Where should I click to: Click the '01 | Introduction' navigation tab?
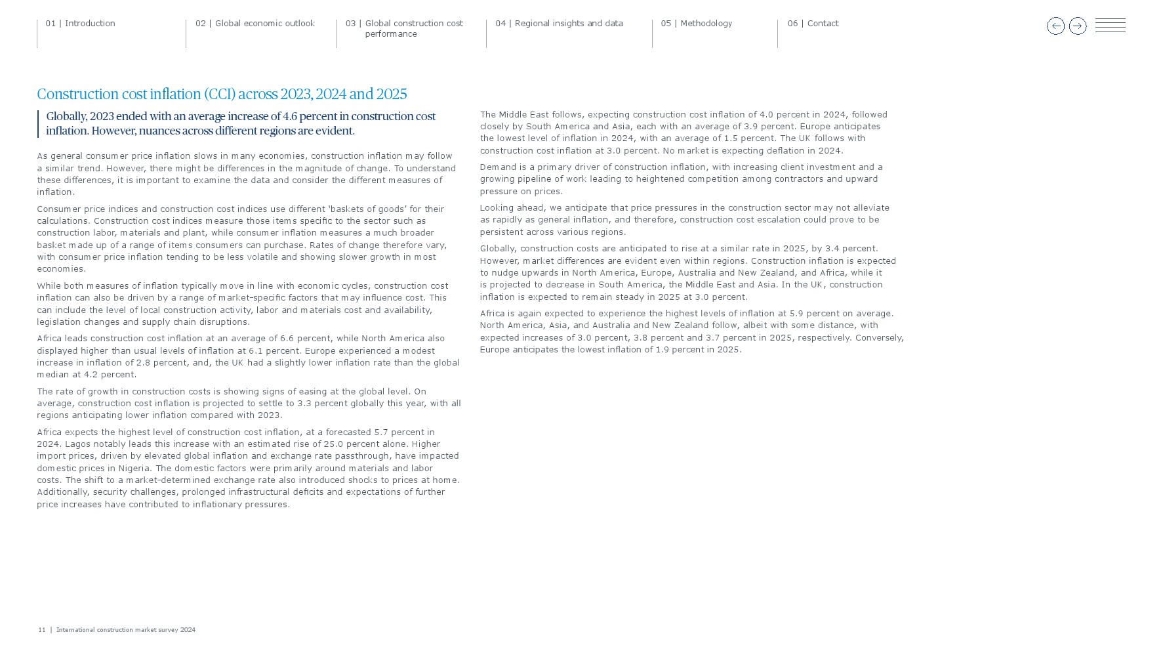[x=80, y=24]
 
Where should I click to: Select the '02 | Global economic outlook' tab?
[x=255, y=24]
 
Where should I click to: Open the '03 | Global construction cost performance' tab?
[x=404, y=28]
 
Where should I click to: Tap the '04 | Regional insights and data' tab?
[x=559, y=24]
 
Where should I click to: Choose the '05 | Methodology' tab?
[x=696, y=24]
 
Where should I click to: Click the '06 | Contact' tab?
[x=813, y=24]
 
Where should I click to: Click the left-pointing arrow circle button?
[x=1055, y=26]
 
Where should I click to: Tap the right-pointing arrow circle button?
[x=1077, y=26]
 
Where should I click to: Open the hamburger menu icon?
[x=1110, y=26]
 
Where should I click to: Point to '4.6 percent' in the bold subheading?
[x=310, y=117]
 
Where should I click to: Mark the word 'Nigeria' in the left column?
[x=134, y=469]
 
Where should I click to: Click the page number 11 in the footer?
[x=41, y=630]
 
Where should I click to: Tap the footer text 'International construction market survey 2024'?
[x=125, y=630]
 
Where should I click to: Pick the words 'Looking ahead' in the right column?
[x=512, y=208]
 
